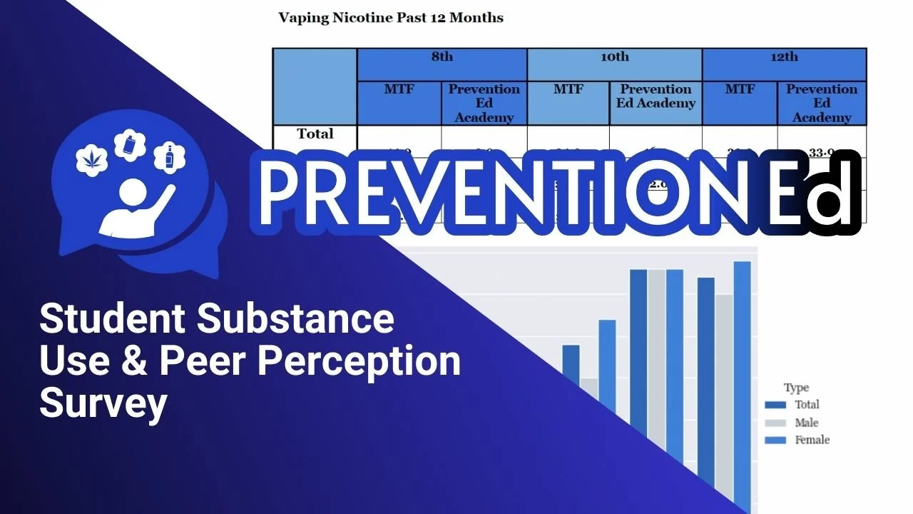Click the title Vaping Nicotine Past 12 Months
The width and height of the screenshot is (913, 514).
[x=390, y=18]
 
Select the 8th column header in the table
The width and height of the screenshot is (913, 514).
[x=442, y=58]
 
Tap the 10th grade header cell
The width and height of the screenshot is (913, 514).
[x=614, y=58]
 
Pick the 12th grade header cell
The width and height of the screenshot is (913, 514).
[x=784, y=58]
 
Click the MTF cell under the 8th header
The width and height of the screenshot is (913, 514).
[x=399, y=90]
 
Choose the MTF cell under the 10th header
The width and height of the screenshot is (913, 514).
[x=568, y=90]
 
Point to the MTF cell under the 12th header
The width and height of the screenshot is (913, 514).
[x=740, y=90]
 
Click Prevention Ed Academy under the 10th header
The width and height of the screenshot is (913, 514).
[x=656, y=96]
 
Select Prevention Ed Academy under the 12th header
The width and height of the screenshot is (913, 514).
[x=822, y=103]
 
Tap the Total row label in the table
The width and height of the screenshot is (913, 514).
[x=315, y=134]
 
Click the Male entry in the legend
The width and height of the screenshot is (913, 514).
[x=806, y=423]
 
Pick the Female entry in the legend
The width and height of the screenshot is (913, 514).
[x=812, y=440]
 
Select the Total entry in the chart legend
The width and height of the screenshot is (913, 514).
[x=807, y=405]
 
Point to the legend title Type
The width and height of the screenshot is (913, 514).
[x=796, y=388]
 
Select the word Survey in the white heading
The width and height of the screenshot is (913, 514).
[x=103, y=403]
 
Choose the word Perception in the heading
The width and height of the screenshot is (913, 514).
[x=359, y=362]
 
